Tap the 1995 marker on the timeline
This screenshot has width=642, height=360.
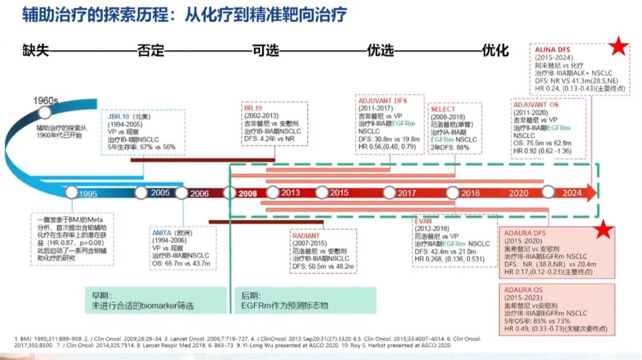pyautogui.click(x=73, y=193)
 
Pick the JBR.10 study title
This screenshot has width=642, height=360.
pyautogui.click(x=115, y=116)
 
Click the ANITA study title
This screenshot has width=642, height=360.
pyautogui.click(x=162, y=233)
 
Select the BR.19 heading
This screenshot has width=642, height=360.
pyautogui.click(x=253, y=109)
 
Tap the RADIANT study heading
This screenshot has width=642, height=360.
pyautogui.click(x=306, y=236)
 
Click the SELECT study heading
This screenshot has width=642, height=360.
pyautogui.click(x=443, y=109)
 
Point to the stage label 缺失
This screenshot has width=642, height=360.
pyautogui.click(x=36, y=50)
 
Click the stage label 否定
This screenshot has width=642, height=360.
pyautogui.click(x=150, y=50)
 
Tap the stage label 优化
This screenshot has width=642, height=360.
pyautogui.click(x=495, y=50)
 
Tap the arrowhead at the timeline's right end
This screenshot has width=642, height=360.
pyautogui.click(x=590, y=192)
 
